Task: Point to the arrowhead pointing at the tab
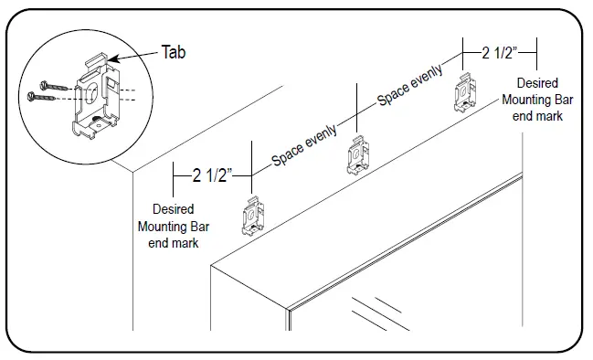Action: (x=115, y=60)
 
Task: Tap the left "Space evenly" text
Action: (x=304, y=146)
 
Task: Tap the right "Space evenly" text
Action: (x=410, y=85)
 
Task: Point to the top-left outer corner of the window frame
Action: (x=210, y=265)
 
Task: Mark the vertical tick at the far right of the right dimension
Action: (x=535, y=52)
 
